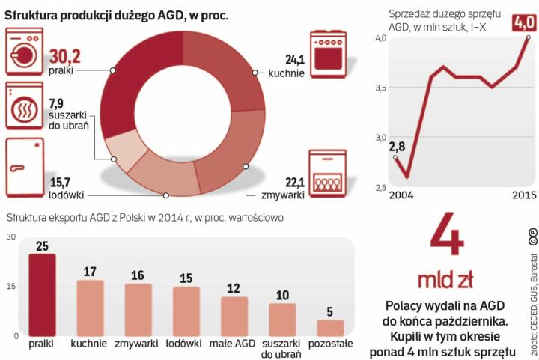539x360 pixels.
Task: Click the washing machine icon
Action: pos(25,52)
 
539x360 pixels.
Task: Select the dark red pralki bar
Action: pos(43,296)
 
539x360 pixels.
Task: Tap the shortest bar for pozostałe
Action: pos(330,328)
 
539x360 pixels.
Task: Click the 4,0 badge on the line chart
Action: pos(523,22)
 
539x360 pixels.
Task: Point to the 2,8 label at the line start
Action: pos(397,146)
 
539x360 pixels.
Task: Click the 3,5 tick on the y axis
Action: pos(381,88)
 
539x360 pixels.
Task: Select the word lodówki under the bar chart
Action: pos(186,344)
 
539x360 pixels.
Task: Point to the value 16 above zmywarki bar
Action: pos(138,275)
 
